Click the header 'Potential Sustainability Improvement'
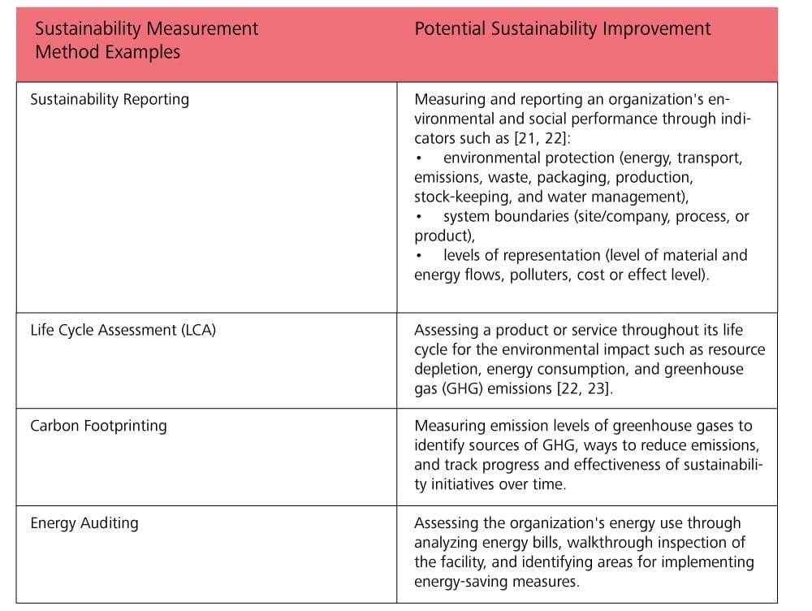click(x=562, y=29)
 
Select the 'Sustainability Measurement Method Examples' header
click(x=146, y=41)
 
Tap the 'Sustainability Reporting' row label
click(x=110, y=100)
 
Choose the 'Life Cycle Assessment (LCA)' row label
click(x=123, y=331)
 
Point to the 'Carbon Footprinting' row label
click(x=98, y=426)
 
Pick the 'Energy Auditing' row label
click(x=84, y=523)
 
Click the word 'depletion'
click(x=447, y=370)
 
